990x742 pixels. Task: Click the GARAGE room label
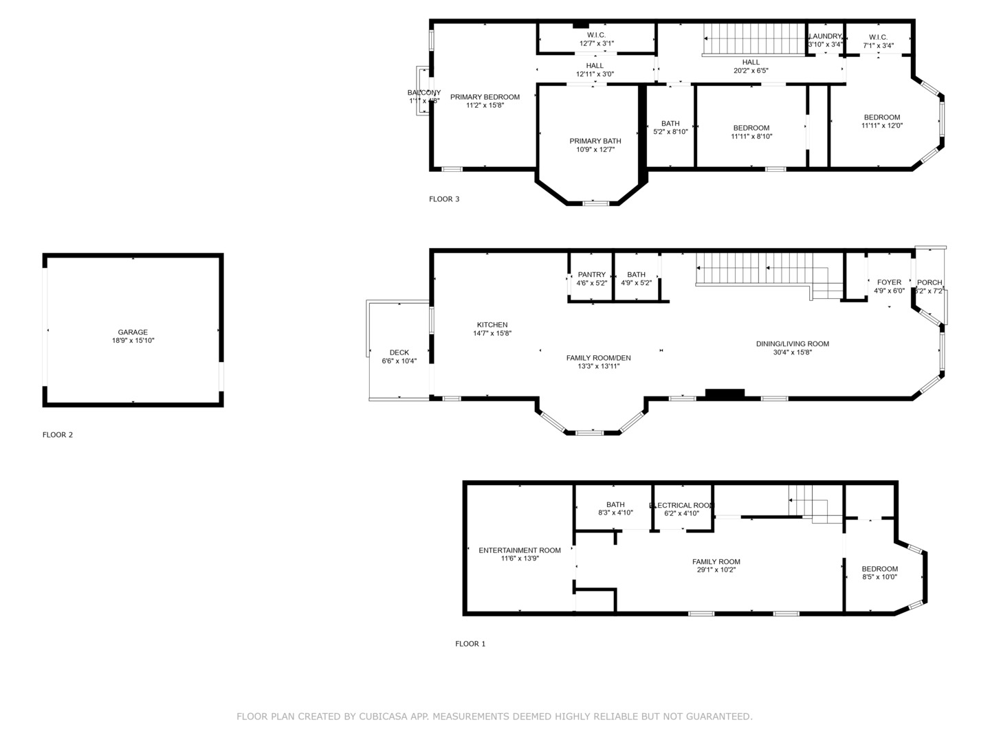click(133, 333)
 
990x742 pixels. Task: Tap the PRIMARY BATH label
click(595, 141)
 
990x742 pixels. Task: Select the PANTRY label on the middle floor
click(592, 275)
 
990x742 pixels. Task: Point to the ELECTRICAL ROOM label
click(682, 506)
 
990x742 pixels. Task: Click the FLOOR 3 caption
click(444, 199)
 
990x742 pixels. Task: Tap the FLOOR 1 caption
click(470, 644)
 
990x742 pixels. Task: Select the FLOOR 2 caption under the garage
click(58, 435)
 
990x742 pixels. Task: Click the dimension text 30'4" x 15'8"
click(792, 352)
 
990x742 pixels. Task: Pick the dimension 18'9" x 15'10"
click(133, 341)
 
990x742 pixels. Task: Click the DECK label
click(399, 352)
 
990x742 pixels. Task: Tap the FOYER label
click(889, 282)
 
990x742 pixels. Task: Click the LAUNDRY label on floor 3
click(825, 36)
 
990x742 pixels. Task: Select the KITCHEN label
click(492, 325)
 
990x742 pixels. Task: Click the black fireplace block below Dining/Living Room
click(725, 394)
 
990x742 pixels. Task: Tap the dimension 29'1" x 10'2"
click(716, 570)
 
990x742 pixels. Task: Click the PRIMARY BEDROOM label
click(485, 97)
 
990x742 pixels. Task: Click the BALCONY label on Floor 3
click(424, 93)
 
